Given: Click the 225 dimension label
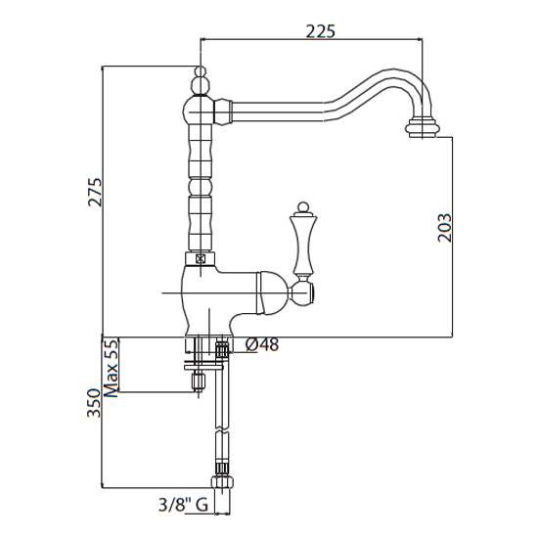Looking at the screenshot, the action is [x=320, y=31].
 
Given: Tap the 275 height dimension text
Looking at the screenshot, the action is [x=96, y=192].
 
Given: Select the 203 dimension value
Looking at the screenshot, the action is [x=445, y=228].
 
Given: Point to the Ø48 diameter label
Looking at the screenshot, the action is [x=262, y=344].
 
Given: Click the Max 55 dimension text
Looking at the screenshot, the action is [x=111, y=368].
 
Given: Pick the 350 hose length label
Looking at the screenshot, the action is [x=94, y=403].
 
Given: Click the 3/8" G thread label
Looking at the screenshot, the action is [x=183, y=505].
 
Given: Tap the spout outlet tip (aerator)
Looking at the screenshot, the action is [x=421, y=127].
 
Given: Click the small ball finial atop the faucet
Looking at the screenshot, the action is [x=201, y=72].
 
